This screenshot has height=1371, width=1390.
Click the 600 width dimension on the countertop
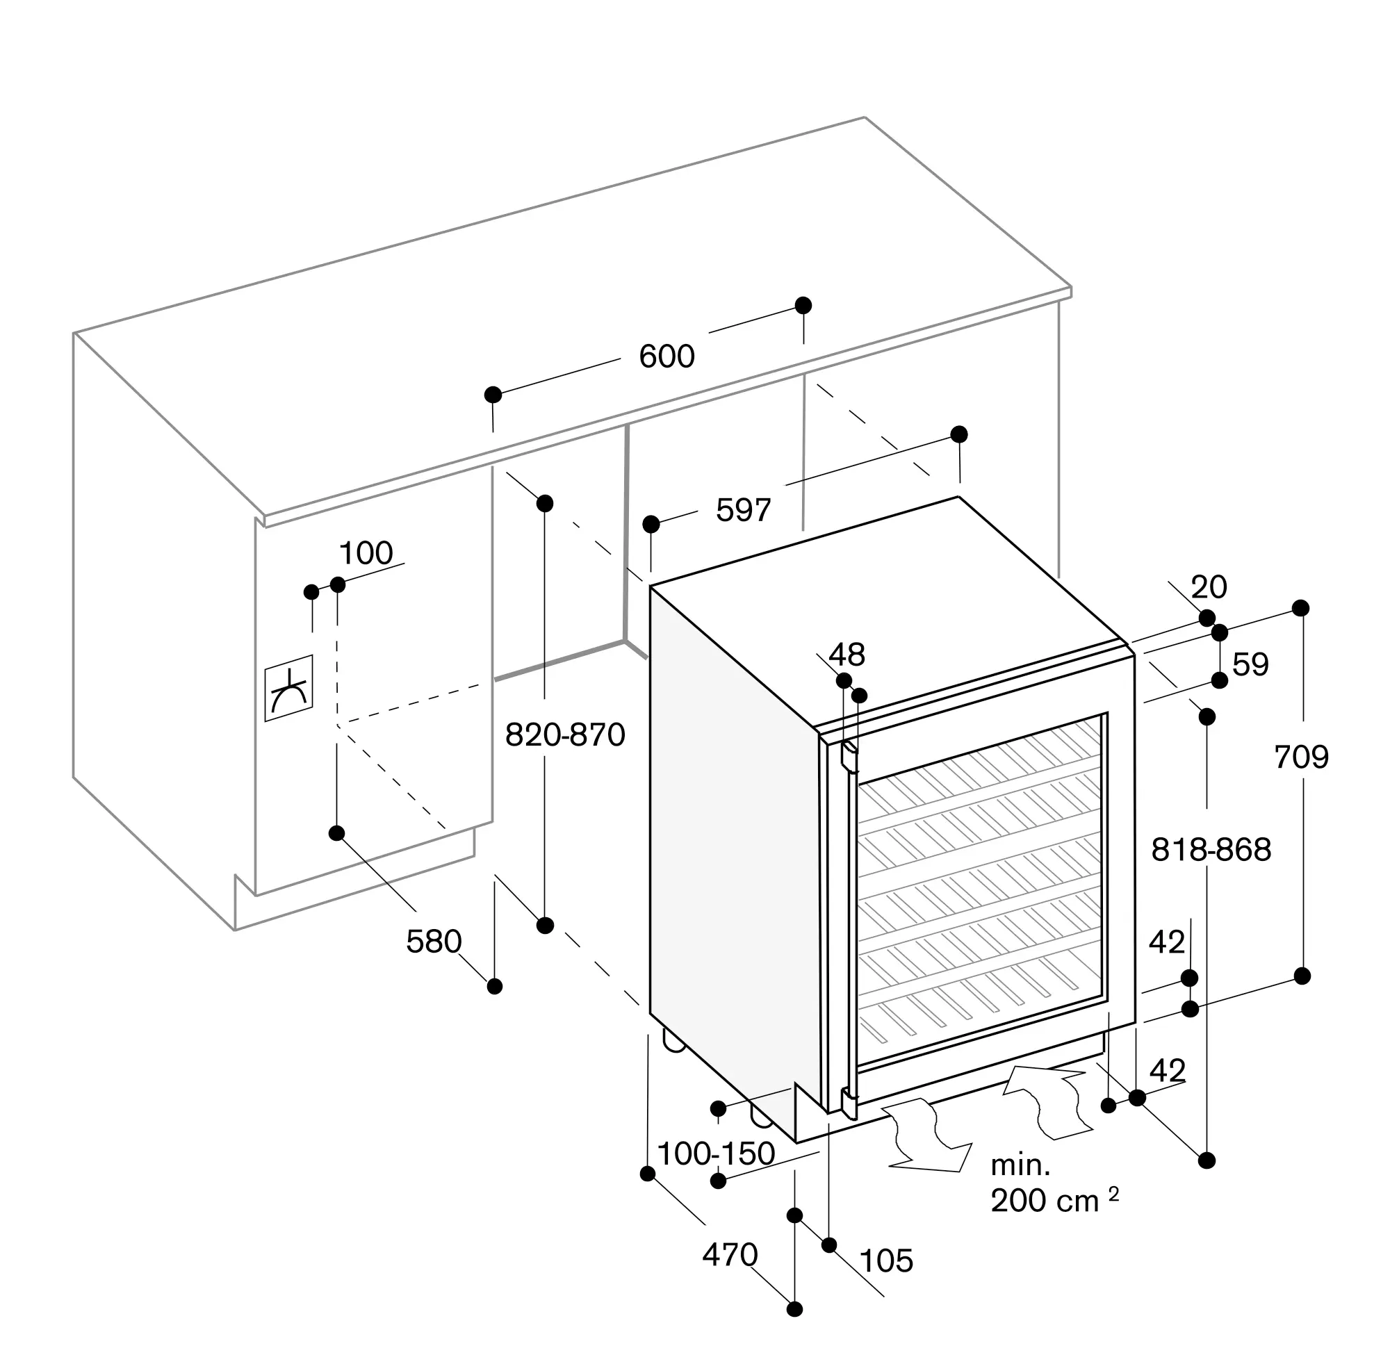pos(667,356)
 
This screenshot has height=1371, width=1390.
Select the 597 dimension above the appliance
pos(743,510)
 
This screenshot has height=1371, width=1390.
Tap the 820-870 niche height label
pos(565,735)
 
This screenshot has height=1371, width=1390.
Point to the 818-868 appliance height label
pos(1211,851)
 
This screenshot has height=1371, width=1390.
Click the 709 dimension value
pos(1301,757)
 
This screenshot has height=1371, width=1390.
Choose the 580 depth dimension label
pos(433,942)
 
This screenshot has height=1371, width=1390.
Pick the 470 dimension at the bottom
pos(730,1255)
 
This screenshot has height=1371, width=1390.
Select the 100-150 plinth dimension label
pos(716,1154)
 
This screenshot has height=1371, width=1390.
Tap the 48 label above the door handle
pos(846,655)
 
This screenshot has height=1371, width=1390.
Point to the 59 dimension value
pos(1250,664)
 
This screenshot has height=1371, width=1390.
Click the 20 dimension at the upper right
pos(1209,587)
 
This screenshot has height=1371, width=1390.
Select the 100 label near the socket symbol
pos(366,553)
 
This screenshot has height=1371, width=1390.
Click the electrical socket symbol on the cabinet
pos(288,689)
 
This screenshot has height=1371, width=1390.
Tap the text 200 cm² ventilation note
pos(1055,1201)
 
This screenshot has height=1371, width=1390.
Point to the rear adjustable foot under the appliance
pos(674,1042)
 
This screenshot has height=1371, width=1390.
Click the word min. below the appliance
pos(1020,1165)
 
